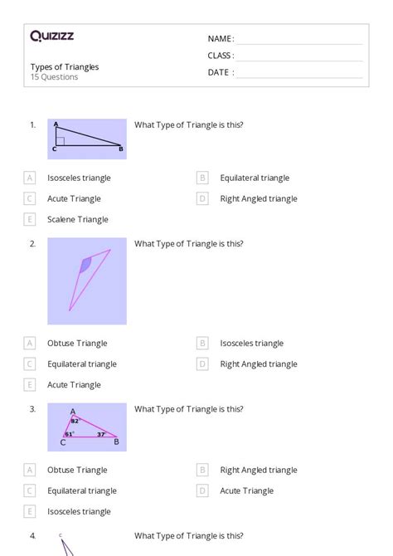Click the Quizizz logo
pyautogui.click(x=51, y=36)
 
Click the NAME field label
pyautogui.click(x=221, y=39)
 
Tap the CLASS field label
pyautogui.click(x=221, y=56)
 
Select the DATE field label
pyautogui.click(x=221, y=72)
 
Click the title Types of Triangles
pyautogui.click(x=65, y=67)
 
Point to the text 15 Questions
pyautogui.click(x=55, y=77)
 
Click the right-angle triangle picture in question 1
pyautogui.click(x=87, y=139)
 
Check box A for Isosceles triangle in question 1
pyautogui.click(x=30, y=178)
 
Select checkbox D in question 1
pyautogui.click(x=202, y=198)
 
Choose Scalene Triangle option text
pyautogui.click(x=78, y=219)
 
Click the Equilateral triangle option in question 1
pyautogui.click(x=255, y=178)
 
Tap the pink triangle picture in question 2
pyautogui.click(x=87, y=280)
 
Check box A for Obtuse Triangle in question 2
pyautogui.click(x=30, y=343)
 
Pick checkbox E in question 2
pyautogui.click(x=30, y=384)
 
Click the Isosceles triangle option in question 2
pyautogui.click(x=251, y=343)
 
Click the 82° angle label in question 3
pyautogui.click(x=75, y=421)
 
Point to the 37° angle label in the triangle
pyautogui.click(x=100, y=433)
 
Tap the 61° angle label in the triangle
pyautogui.click(x=69, y=433)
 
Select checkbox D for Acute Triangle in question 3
pyautogui.click(x=202, y=490)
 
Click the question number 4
pyautogui.click(x=32, y=536)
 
